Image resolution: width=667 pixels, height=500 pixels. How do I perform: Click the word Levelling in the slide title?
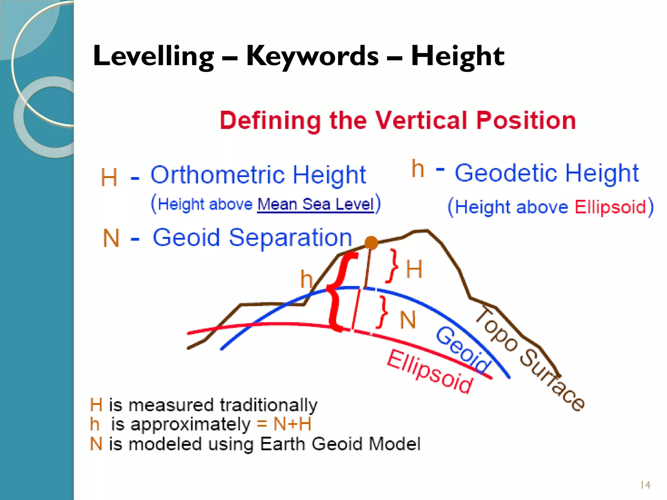[153, 56]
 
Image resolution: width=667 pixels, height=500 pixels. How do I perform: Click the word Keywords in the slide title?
[312, 56]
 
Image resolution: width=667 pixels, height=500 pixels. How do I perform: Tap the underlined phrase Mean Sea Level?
[315, 204]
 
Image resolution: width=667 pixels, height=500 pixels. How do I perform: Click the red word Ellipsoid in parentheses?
[610, 207]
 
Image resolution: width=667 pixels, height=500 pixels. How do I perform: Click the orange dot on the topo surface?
[371, 243]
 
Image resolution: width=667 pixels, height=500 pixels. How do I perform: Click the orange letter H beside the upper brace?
[414, 269]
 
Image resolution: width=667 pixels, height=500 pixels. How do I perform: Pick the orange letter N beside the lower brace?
[408, 320]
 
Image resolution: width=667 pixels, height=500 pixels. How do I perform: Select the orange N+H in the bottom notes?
[292, 424]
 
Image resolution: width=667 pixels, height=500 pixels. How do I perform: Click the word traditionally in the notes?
[268, 405]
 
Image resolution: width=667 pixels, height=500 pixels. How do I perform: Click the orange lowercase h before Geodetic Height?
[418, 169]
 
